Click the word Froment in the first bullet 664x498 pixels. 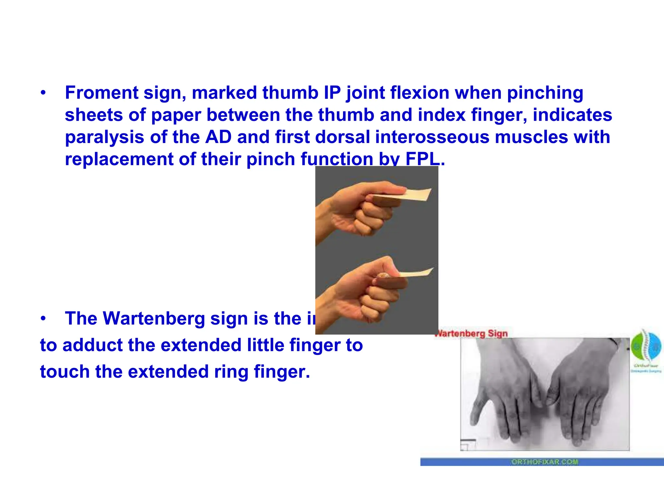(x=101, y=93)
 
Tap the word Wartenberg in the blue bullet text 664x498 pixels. (x=154, y=318)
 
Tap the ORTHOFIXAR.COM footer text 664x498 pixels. (x=544, y=462)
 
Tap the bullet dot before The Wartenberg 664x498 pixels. (x=43, y=319)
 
